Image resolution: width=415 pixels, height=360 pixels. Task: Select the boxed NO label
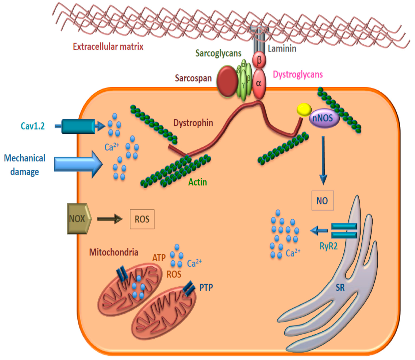click(x=322, y=201)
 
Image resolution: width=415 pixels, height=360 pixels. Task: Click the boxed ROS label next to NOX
click(x=142, y=219)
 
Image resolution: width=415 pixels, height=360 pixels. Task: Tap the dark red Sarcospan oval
click(x=227, y=81)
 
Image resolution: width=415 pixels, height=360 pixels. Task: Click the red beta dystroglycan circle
click(x=259, y=61)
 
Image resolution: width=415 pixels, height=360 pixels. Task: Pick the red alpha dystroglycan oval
click(x=259, y=83)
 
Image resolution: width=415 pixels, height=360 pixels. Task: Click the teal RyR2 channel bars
click(x=344, y=231)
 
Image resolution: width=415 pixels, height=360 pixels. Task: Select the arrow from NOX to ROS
click(x=110, y=219)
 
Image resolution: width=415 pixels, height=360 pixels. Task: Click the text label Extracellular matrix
click(x=108, y=47)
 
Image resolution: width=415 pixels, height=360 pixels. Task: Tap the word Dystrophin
click(x=193, y=122)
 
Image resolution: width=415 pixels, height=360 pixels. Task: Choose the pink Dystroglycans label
click(x=298, y=74)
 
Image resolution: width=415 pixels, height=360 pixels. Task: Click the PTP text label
click(x=206, y=288)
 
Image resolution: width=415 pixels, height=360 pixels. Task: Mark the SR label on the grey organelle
click(x=340, y=288)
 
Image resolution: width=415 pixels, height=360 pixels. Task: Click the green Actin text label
click(x=197, y=182)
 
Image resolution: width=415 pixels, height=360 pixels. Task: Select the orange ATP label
click(x=159, y=258)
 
